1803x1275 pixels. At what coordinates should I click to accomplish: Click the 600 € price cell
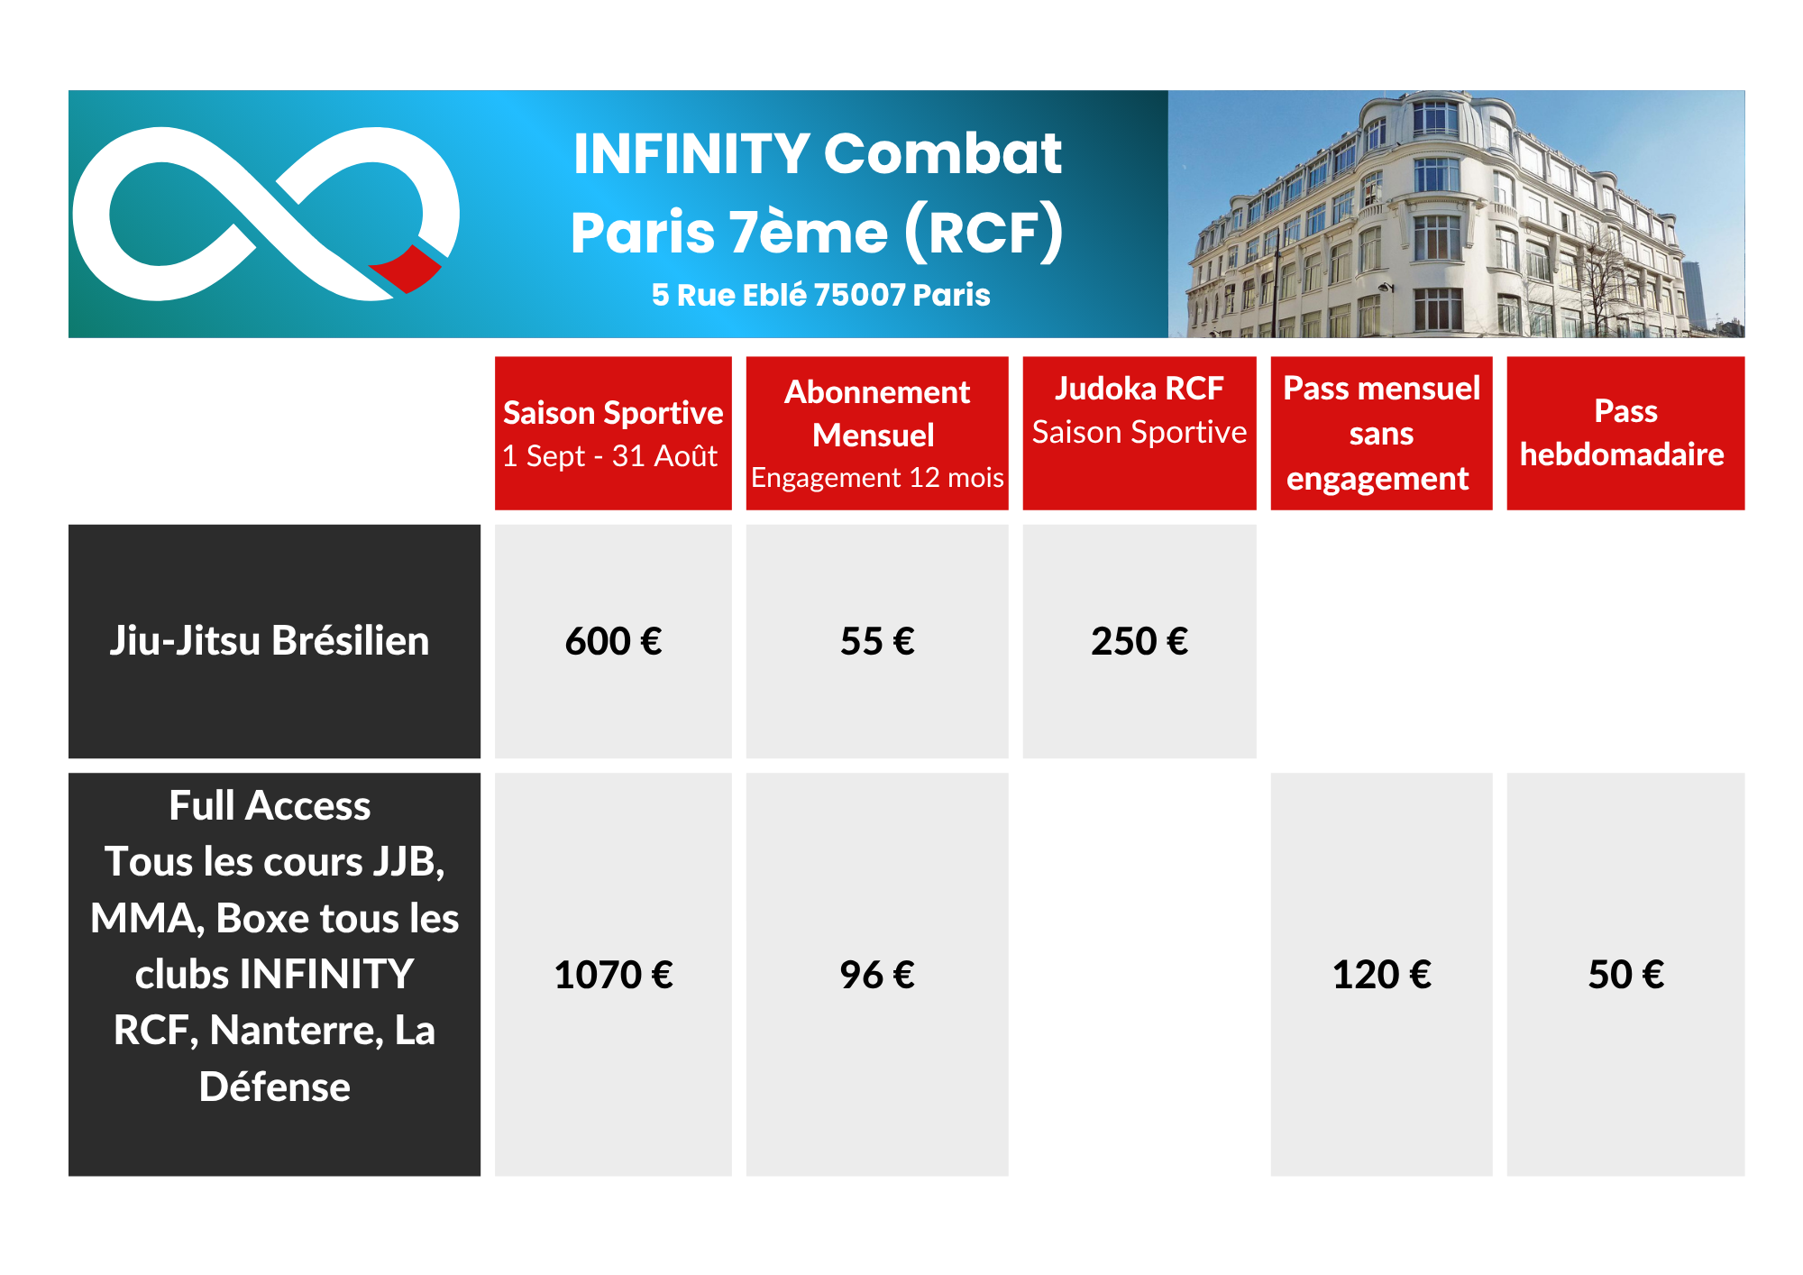pyautogui.click(x=613, y=641)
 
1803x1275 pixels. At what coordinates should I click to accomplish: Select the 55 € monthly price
pyautogui.click(x=877, y=641)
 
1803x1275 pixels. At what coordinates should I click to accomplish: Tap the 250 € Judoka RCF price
pyautogui.click(x=1139, y=641)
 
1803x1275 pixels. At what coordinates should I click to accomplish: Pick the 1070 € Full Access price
pyautogui.click(x=613, y=974)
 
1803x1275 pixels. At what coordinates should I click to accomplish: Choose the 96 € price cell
pyautogui.click(x=877, y=974)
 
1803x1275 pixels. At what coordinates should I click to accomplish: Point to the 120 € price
pyautogui.click(x=1381, y=974)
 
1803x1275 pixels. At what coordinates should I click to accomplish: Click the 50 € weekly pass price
pyautogui.click(x=1625, y=974)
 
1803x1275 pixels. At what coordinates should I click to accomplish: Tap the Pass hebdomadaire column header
pyautogui.click(x=1625, y=433)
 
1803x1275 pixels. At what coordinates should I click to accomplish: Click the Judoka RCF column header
pyautogui.click(x=1139, y=433)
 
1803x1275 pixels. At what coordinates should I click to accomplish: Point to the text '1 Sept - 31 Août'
pyautogui.click(x=609, y=456)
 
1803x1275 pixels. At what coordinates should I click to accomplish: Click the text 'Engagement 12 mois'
pyautogui.click(x=877, y=477)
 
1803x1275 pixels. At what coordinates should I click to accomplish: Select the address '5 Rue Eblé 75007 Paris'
pyautogui.click(x=820, y=295)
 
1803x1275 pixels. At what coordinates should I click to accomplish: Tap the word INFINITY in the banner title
pyautogui.click(x=691, y=153)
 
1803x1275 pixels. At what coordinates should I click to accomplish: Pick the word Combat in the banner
pyautogui.click(x=943, y=153)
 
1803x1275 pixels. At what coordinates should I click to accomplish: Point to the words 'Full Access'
pyautogui.click(x=270, y=806)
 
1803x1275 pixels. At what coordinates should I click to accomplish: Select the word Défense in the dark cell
pyautogui.click(x=275, y=1087)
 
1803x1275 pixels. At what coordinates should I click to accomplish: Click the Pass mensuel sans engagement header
pyautogui.click(x=1381, y=433)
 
